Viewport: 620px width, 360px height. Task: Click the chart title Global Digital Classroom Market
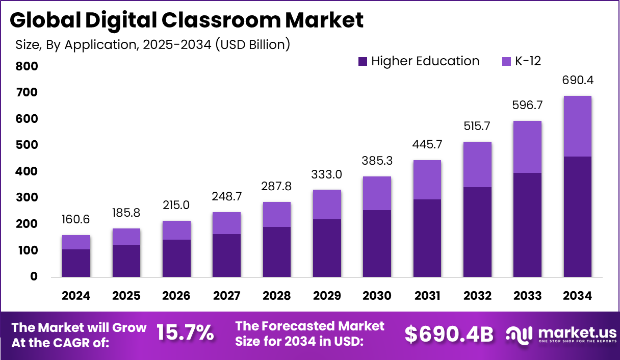click(187, 20)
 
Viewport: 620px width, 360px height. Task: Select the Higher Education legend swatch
click(363, 62)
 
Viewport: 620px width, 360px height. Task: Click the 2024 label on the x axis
click(76, 296)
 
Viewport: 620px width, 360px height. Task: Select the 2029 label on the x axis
click(327, 296)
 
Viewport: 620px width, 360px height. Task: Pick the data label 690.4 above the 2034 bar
click(578, 81)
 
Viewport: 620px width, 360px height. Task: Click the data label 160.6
click(76, 220)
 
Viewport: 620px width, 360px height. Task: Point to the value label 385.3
click(377, 162)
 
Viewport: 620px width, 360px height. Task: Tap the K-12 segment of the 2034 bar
click(578, 126)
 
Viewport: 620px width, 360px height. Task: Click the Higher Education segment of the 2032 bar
click(477, 232)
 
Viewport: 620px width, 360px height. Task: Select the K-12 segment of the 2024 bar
click(76, 242)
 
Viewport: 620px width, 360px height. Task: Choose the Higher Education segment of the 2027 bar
click(226, 255)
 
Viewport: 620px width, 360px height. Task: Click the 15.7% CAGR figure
click(185, 333)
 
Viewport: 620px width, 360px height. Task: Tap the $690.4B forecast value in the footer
click(449, 334)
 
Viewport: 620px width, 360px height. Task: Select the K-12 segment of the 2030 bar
click(377, 193)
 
